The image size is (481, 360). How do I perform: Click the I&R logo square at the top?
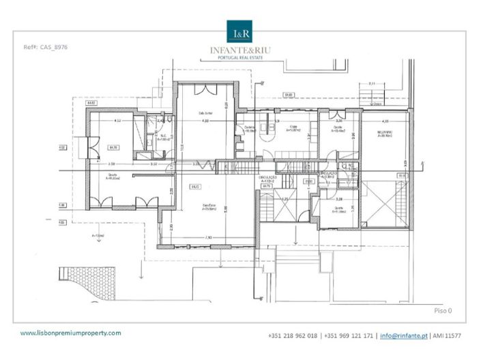[x=240, y=33]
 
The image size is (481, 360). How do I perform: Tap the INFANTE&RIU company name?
[x=240, y=50]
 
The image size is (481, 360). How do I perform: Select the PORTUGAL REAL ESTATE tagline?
[x=240, y=58]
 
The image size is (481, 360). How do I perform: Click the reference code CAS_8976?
[x=45, y=47]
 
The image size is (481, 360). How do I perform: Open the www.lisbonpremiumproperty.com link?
[x=70, y=333]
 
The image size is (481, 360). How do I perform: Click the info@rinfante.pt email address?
[x=403, y=336]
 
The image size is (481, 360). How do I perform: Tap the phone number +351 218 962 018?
[x=293, y=336]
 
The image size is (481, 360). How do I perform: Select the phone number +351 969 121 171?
[x=349, y=336]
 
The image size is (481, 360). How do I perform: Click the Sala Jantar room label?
[x=205, y=113]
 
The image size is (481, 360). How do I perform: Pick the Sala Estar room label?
[x=208, y=207]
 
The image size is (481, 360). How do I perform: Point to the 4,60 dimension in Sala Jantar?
[x=205, y=121]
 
